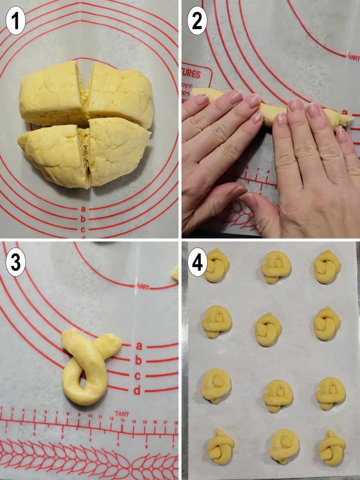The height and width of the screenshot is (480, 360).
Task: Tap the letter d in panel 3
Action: pyautogui.click(x=137, y=390)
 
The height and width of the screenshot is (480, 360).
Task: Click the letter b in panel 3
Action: pyautogui.click(x=138, y=361)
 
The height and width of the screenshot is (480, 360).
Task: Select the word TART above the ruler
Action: pyautogui.click(x=121, y=415)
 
